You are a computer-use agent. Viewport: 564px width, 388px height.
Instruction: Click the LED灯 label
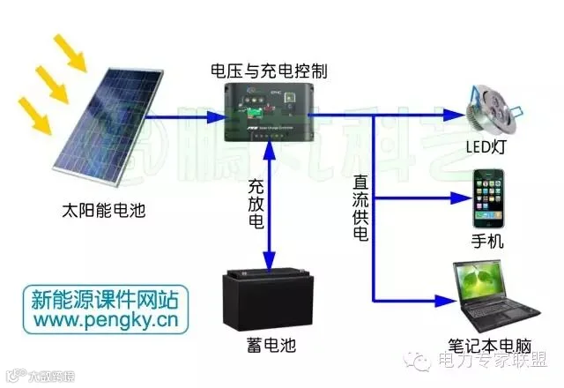(491, 146)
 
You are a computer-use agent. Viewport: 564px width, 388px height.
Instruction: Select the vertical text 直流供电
(360, 208)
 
